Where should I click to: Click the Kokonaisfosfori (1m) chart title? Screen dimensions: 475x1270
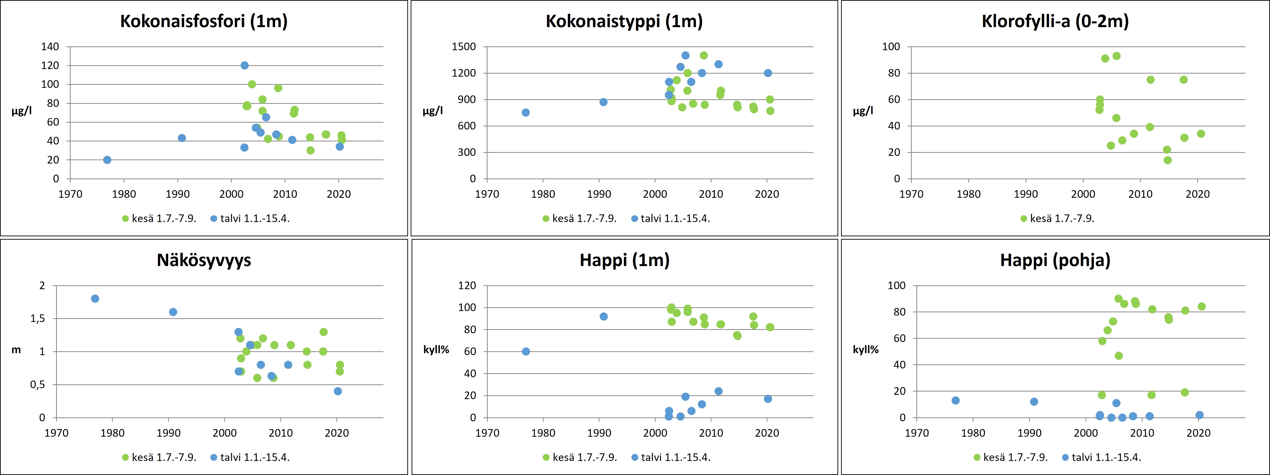(x=204, y=21)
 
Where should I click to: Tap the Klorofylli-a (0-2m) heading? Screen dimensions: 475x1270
(x=1055, y=21)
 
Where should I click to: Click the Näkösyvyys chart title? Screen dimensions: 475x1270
(x=204, y=260)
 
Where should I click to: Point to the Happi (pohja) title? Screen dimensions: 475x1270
(x=1055, y=260)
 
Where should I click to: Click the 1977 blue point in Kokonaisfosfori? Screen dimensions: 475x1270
(x=107, y=160)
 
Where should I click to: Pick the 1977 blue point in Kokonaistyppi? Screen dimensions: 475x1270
(x=526, y=113)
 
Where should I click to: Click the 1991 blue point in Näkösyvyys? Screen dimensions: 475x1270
(x=173, y=312)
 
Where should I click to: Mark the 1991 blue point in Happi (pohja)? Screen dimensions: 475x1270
(x=1034, y=401)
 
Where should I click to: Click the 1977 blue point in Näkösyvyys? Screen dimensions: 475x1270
(x=95, y=298)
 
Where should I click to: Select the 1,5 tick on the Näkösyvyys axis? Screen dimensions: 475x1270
(x=38, y=319)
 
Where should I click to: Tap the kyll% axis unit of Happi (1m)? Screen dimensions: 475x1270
(x=436, y=350)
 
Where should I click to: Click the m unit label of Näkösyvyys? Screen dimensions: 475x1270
(x=16, y=350)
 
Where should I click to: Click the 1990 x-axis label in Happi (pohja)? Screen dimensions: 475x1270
(x=1029, y=433)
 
